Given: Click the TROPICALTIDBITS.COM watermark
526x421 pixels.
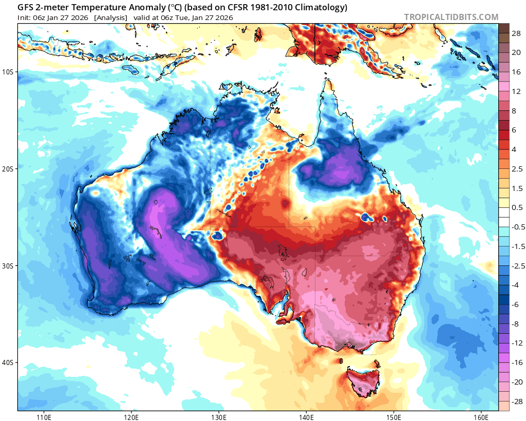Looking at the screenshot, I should (x=451, y=17).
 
